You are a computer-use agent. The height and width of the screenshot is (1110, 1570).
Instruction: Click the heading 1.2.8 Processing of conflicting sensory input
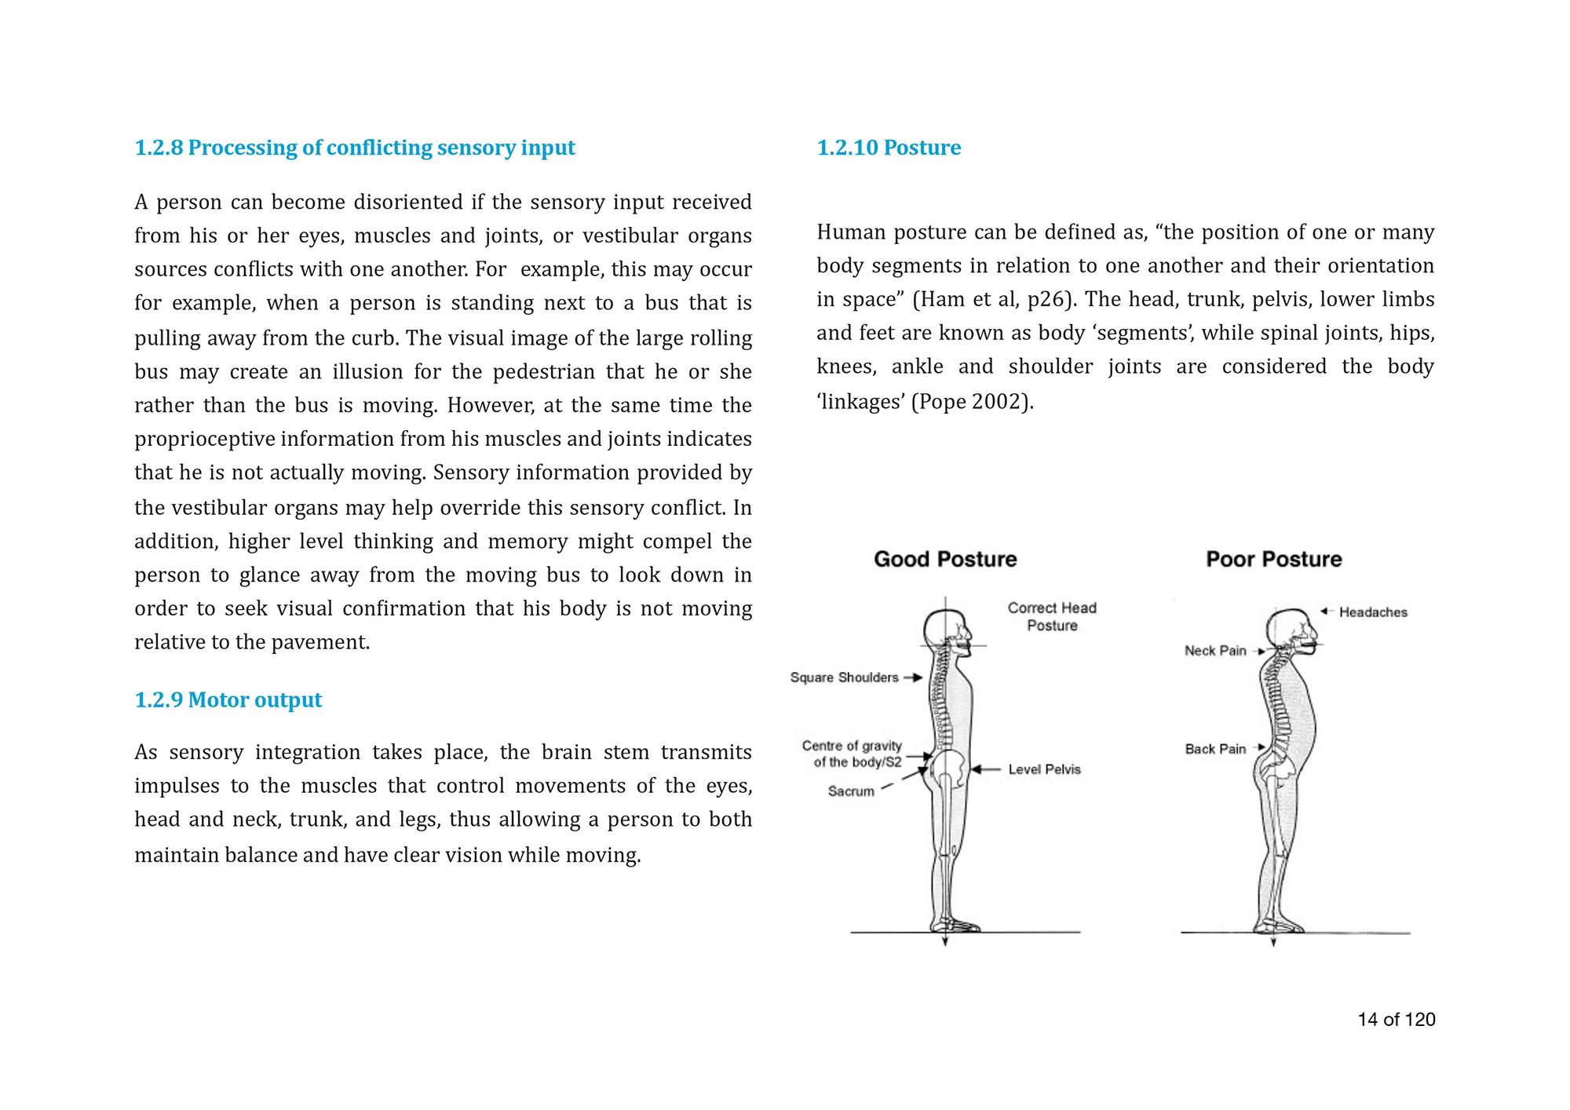(x=355, y=148)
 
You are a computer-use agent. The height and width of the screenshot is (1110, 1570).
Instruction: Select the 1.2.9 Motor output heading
(x=228, y=699)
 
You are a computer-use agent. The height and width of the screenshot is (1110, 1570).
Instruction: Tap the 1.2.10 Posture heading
(x=889, y=148)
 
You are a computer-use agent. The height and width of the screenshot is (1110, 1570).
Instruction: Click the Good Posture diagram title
(x=945, y=559)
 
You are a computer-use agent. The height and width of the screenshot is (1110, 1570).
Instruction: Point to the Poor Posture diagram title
(x=1273, y=559)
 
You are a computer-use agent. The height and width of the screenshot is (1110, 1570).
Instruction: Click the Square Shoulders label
(x=844, y=677)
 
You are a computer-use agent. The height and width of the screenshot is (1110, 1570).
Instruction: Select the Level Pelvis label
(x=1044, y=769)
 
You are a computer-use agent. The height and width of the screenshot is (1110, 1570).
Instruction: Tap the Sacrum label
(x=851, y=791)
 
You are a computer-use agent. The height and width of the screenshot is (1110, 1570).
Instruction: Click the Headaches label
(x=1373, y=612)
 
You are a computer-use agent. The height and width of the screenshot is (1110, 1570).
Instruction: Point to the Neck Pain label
(x=1215, y=651)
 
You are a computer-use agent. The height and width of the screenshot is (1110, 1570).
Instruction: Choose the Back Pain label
(x=1215, y=749)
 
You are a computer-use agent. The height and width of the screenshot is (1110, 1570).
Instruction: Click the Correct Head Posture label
(x=1052, y=616)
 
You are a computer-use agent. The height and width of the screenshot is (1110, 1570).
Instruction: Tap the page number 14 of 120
(x=1397, y=1020)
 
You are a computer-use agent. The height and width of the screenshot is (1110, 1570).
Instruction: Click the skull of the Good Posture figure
(x=947, y=628)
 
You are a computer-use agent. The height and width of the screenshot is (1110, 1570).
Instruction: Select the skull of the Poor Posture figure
(x=1289, y=628)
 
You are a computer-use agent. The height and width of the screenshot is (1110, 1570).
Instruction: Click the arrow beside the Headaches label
(x=1327, y=611)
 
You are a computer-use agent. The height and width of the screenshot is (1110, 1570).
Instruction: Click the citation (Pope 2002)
(x=972, y=402)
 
